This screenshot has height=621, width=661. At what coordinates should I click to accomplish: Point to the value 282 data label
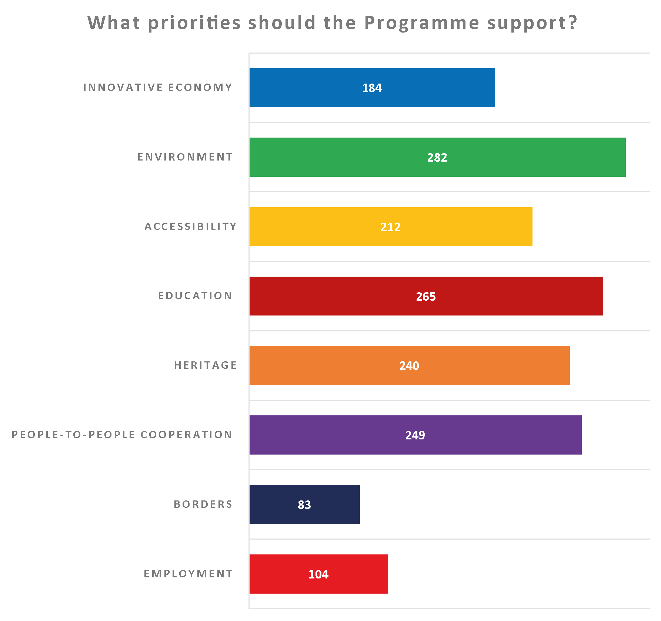[x=437, y=158]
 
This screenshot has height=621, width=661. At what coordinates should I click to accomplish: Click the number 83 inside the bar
[x=304, y=504]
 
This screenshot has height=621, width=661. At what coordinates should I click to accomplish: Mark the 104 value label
[x=318, y=574]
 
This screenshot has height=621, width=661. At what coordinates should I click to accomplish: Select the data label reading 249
[x=415, y=435]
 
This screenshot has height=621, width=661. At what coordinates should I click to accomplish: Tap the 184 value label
[x=372, y=88]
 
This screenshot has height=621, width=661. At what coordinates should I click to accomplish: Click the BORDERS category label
[x=203, y=504]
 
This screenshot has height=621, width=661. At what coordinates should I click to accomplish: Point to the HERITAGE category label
[x=205, y=365]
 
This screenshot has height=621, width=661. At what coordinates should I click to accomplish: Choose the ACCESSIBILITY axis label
[x=190, y=226]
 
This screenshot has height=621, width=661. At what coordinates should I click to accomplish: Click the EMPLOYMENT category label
[x=188, y=574]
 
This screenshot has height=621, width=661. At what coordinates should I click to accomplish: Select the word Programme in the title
[x=422, y=23]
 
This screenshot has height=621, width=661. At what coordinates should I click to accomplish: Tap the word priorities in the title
[x=194, y=23]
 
